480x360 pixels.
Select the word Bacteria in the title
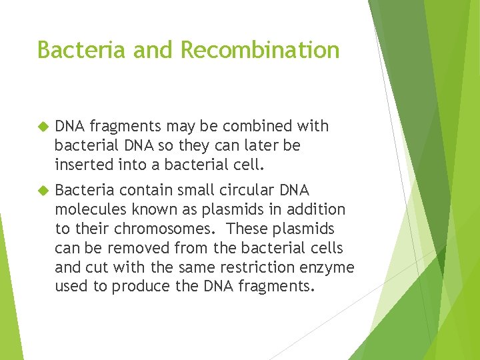coord(73,50)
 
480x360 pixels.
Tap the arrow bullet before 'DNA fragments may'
coord(44,126)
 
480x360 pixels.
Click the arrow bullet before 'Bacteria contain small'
coord(44,190)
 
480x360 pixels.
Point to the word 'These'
coord(247,229)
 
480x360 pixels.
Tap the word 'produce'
coord(139,287)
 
